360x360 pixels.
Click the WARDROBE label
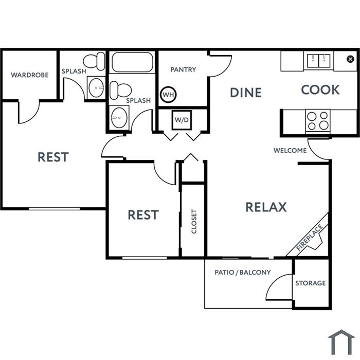coord(30,75)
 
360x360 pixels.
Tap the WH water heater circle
coord(168,94)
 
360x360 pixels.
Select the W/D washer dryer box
coord(182,120)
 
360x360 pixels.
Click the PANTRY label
coord(183,69)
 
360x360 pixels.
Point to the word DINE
coord(246,93)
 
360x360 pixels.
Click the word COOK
coord(320,89)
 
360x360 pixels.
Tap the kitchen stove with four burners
coord(318,121)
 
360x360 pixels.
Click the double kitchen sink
coord(319,61)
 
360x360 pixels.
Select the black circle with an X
coord(350,59)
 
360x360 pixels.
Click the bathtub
coord(132,62)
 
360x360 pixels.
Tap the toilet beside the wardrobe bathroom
coord(94,61)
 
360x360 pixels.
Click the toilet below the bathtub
coord(120,90)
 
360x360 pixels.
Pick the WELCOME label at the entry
coord(290,150)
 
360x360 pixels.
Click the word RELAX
coord(266,207)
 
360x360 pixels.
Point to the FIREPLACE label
coord(309,238)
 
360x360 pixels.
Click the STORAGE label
coord(311,283)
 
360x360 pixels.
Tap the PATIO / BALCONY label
coord(243,272)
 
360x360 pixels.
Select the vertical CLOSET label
coord(194,221)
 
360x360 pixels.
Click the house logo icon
coord(341,343)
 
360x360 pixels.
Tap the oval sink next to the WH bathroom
coord(119,118)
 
